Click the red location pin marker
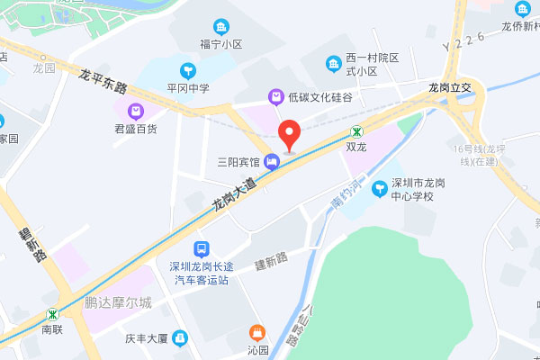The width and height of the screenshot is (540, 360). pos(289,135)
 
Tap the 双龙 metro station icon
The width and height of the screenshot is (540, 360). pos(356,130)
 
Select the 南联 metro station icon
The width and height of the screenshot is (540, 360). pos(53,315)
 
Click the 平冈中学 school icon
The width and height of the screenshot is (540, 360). pos(187,69)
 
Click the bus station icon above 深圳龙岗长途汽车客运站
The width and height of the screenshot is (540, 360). pos(202,249)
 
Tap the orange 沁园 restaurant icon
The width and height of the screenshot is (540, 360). pos(258,332)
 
